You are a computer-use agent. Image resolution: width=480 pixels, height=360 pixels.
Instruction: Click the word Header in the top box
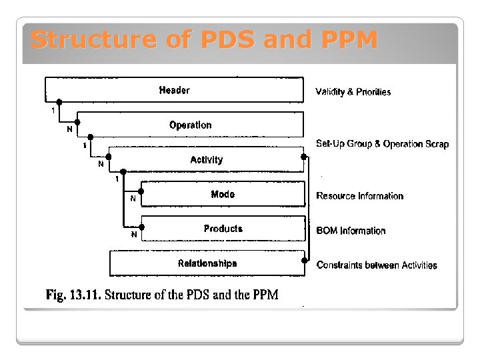pyautogui.click(x=174, y=91)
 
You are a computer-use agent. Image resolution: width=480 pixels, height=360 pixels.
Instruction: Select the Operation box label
pyautogui.click(x=190, y=125)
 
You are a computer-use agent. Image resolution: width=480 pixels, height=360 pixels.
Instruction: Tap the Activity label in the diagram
pyautogui.click(x=206, y=160)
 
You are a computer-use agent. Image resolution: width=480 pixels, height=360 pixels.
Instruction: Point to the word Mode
pyautogui.click(x=223, y=195)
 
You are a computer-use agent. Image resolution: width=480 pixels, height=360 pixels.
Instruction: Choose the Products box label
pyautogui.click(x=223, y=229)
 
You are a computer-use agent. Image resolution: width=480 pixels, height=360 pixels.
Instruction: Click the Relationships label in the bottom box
pyautogui.click(x=207, y=263)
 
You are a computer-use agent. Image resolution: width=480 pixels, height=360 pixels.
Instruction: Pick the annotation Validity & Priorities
pyautogui.click(x=353, y=92)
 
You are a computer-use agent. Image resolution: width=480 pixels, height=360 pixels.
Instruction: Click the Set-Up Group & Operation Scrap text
pyautogui.click(x=382, y=144)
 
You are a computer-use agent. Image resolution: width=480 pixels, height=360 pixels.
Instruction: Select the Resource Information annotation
pyautogui.click(x=359, y=196)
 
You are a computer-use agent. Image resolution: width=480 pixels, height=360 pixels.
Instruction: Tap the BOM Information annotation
pyautogui.click(x=351, y=231)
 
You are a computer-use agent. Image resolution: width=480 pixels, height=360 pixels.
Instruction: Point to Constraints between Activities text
pyautogui.click(x=377, y=265)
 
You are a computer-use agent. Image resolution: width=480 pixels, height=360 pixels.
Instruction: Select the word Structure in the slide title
pyautogui.click(x=94, y=40)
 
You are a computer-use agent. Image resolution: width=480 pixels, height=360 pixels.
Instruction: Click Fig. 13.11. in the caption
pyautogui.click(x=73, y=295)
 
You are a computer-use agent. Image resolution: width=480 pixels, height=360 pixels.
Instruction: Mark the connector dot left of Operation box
pyautogui.click(x=77, y=123)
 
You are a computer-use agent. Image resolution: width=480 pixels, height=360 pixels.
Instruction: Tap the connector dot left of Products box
pyautogui.click(x=142, y=227)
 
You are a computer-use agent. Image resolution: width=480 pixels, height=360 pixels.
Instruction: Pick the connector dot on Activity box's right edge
pyautogui.click(x=304, y=157)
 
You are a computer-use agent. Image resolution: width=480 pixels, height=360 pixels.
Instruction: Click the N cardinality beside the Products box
pyautogui.click(x=133, y=235)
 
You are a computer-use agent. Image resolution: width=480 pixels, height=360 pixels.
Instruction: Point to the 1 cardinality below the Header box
pyautogui.click(x=53, y=111)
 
